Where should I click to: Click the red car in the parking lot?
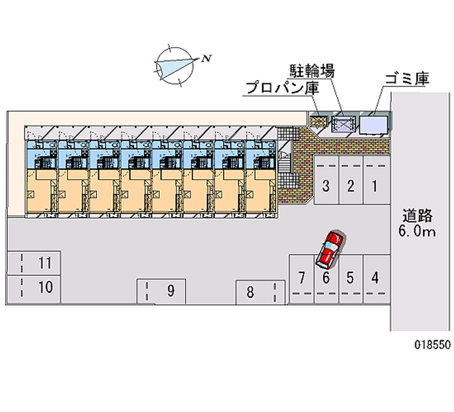tap(329, 249)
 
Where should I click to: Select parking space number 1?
tap(375, 185)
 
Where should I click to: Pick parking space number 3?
tap(326, 185)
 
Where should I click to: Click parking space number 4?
tap(375, 278)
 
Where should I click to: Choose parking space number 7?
tap(302, 278)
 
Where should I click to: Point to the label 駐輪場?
tap(309, 71)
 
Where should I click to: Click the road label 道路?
tap(418, 216)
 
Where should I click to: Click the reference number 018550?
tap(432, 344)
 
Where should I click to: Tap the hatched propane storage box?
tap(319, 120)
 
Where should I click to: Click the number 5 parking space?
tap(351, 278)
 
